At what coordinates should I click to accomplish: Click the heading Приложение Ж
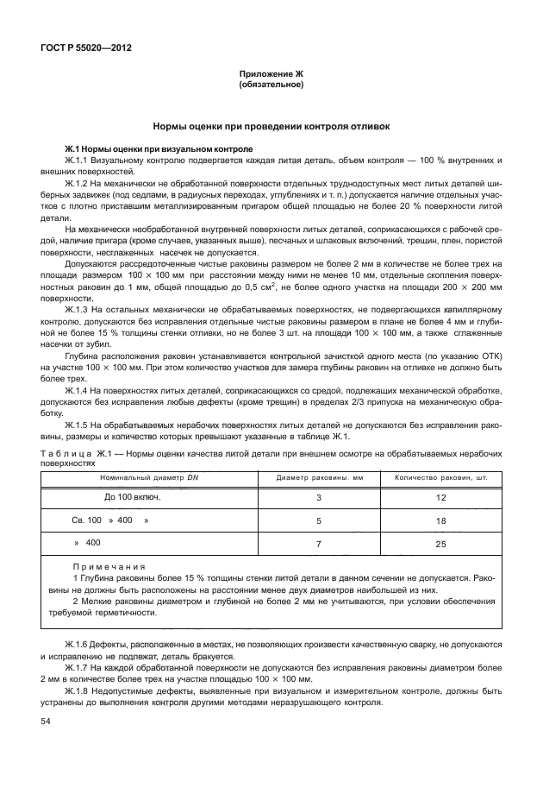point(271,75)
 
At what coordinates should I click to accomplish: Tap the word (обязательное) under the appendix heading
point(271,85)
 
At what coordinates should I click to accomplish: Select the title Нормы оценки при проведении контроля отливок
point(271,126)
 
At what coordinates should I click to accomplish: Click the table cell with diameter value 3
point(318,498)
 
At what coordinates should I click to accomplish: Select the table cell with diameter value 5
point(318,520)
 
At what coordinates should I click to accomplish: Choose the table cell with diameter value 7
point(318,544)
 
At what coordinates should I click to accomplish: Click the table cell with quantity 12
point(441,498)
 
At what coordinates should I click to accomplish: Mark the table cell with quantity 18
point(441,520)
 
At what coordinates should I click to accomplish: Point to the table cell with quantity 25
point(441,544)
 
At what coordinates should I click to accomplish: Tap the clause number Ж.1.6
point(77,645)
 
